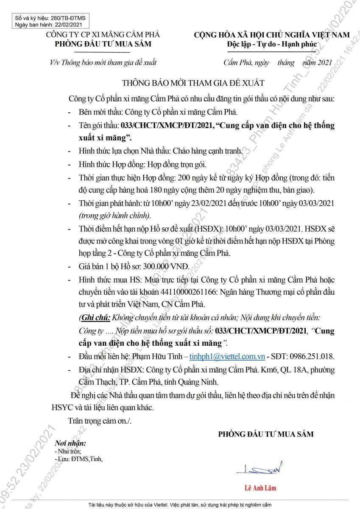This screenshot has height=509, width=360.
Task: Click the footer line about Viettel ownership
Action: [180, 505]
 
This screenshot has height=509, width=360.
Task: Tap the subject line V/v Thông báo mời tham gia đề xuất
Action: [103, 63]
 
